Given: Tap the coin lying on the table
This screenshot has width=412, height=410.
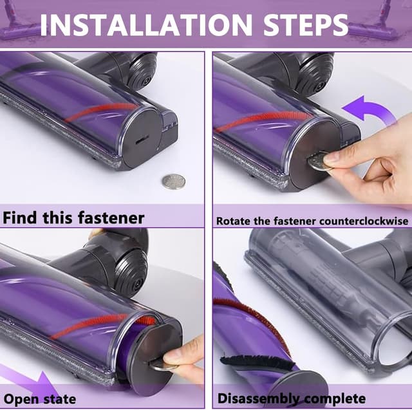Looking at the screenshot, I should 173,182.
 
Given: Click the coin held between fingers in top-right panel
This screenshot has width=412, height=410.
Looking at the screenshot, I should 319,161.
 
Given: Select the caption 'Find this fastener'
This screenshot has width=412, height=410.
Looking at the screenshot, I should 74,217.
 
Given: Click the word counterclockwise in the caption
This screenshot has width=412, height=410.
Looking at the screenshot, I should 364,221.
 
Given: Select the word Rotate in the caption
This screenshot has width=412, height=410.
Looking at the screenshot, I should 234,221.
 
